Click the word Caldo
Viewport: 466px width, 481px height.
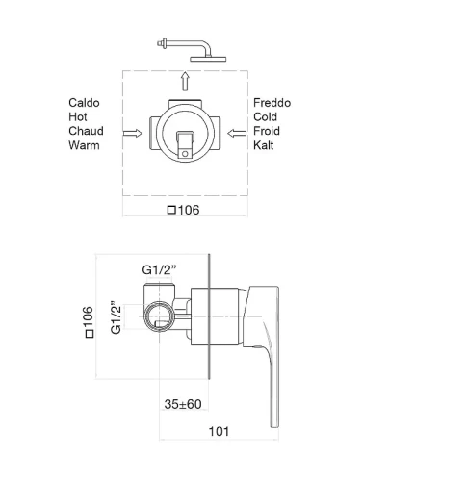84,103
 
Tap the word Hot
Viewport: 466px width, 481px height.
78,116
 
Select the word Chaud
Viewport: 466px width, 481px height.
86,131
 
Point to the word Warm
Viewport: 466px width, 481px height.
84,145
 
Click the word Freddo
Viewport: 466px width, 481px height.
272,103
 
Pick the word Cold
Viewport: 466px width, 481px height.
265,116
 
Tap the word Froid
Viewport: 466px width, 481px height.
267,131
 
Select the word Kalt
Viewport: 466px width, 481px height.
264,145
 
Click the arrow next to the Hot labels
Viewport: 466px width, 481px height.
133,133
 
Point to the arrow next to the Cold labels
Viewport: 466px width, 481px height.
237,133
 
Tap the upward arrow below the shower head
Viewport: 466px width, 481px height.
185,82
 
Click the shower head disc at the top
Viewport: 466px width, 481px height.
208,59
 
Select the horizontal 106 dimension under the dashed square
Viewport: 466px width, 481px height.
184,210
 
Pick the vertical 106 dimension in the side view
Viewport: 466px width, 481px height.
89,322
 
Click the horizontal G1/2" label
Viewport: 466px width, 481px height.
159,270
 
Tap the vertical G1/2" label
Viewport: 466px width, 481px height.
116,317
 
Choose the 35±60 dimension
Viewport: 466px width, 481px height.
183,404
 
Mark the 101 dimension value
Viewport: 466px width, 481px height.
219,431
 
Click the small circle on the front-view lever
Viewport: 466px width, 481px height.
185,154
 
